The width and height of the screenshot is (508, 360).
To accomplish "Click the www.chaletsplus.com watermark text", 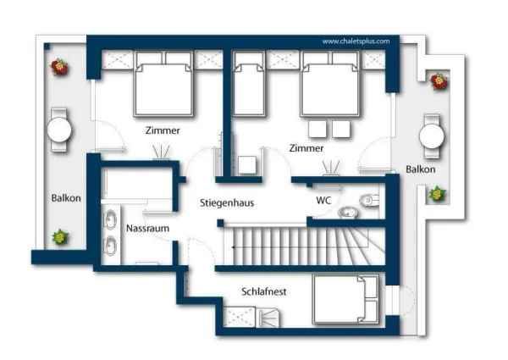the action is pyautogui.click(x=356, y=42).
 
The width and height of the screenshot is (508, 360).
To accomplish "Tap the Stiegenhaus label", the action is pyautogui.click(x=227, y=203).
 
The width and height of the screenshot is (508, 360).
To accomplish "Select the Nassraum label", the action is pyautogui.click(x=147, y=228).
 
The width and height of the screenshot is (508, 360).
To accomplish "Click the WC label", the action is pyautogui.click(x=323, y=200).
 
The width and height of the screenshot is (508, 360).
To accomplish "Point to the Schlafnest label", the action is pyautogui.click(x=264, y=291).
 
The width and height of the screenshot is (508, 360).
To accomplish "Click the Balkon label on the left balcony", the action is pyautogui.click(x=66, y=198).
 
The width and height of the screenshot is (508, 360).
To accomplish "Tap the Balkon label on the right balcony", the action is pyautogui.click(x=421, y=169).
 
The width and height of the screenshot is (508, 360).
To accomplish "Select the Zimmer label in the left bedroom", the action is pyautogui.click(x=163, y=130).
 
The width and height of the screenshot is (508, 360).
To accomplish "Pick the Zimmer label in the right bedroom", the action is pyautogui.click(x=306, y=148).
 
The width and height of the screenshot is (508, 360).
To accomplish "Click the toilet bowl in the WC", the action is pyautogui.click(x=368, y=201).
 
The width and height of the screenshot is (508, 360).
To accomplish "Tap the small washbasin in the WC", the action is pyautogui.click(x=348, y=213).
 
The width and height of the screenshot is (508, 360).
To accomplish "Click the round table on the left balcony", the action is pyautogui.click(x=59, y=130).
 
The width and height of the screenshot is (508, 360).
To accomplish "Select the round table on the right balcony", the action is pyautogui.click(x=432, y=136).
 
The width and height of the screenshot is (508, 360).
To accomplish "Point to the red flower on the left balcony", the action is pyautogui.click(x=59, y=67).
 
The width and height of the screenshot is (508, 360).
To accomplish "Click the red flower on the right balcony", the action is pyautogui.click(x=439, y=81).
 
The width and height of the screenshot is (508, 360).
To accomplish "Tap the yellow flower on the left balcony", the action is pyautogui.click(x=60, y=237).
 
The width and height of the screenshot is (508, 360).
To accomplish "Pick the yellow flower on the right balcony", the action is pyautogui.click(x=437, y=194).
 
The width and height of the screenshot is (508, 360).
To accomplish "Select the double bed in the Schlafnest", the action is pyautogui.click(x=345, y=299).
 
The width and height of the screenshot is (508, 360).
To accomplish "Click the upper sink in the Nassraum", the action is pyautogui.click(x=110, y=219).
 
